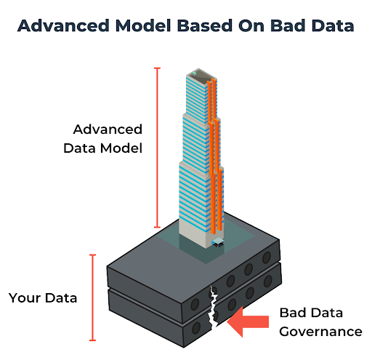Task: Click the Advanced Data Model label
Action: (107, 138)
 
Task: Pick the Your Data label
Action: (43, 298)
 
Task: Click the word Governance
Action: (320, 332)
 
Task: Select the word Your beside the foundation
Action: (23, 298)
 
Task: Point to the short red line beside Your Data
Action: (92, 297)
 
